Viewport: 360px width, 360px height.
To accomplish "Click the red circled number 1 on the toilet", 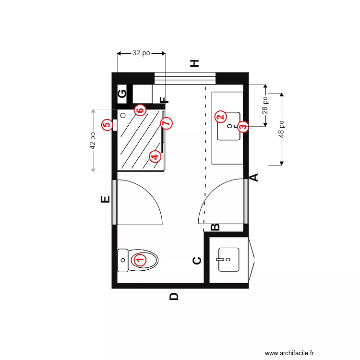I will (140, 260).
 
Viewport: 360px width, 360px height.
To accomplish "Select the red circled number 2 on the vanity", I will (220, 116).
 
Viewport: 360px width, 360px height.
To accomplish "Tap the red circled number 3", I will (243, 126).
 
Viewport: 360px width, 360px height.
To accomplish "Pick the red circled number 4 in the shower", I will (155, 156).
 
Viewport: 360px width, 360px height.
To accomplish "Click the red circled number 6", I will (140, 110).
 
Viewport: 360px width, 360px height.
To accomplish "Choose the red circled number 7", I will (166, 123).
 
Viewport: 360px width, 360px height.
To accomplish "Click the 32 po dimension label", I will (141, 53).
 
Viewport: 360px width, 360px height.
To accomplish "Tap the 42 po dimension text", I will (93, 141).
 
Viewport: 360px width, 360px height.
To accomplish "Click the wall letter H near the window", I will (194, 63).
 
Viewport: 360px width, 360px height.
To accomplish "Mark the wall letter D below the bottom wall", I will (174, 297).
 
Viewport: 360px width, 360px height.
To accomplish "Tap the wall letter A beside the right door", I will (255, 177).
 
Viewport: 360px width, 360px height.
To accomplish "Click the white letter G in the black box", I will (122, 94).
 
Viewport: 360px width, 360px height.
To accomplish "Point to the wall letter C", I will (197, 261).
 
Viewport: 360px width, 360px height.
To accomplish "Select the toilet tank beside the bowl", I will (122, 260).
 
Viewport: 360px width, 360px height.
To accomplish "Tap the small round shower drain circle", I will (123, 115).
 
